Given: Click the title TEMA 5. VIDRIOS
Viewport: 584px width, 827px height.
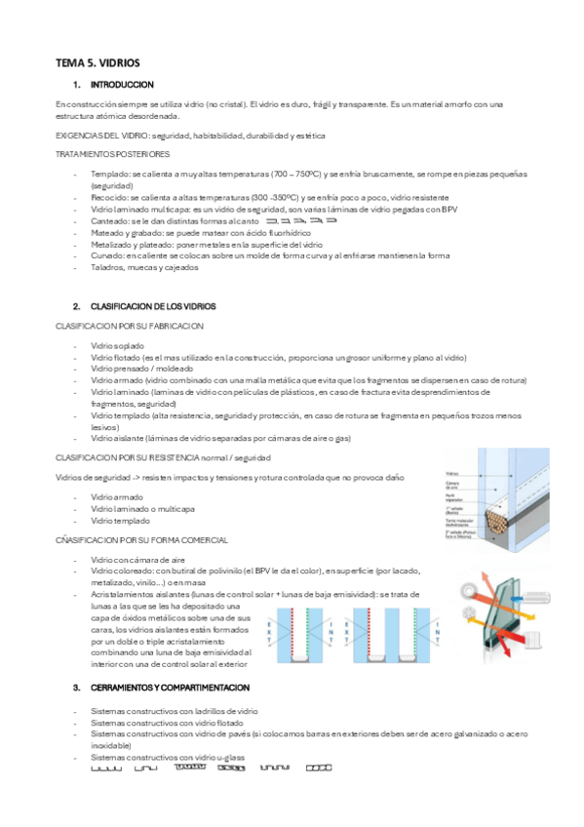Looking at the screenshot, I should tap(97, 62).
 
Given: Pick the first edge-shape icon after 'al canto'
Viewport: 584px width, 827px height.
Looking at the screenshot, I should tap(271, 221).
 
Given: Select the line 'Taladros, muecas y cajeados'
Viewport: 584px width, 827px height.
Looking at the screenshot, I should tap(142, 268).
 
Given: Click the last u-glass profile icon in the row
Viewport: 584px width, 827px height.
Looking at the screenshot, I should tap(319, 768).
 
